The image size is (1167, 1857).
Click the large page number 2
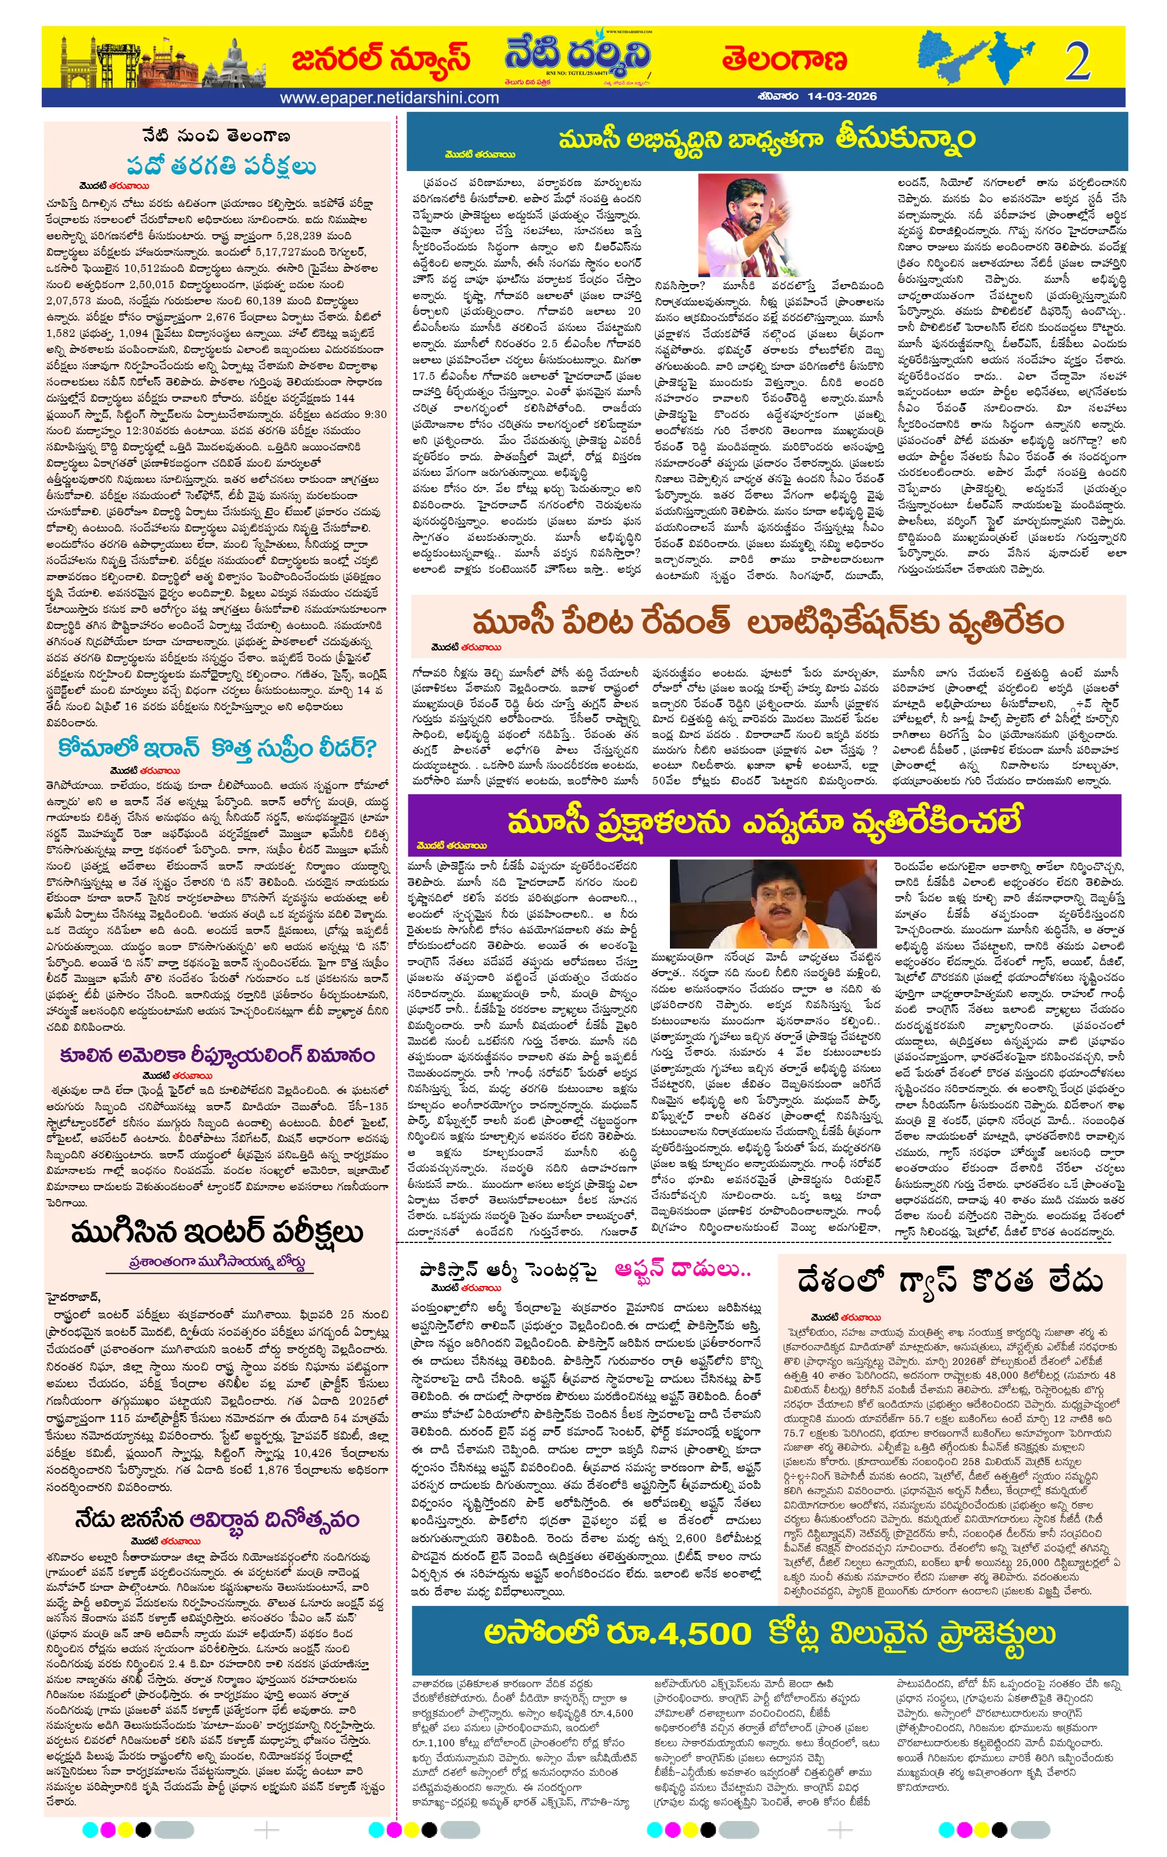coord(1077,61)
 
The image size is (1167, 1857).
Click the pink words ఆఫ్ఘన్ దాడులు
coord(683,1269)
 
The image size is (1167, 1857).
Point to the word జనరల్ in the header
coord(338,59)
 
